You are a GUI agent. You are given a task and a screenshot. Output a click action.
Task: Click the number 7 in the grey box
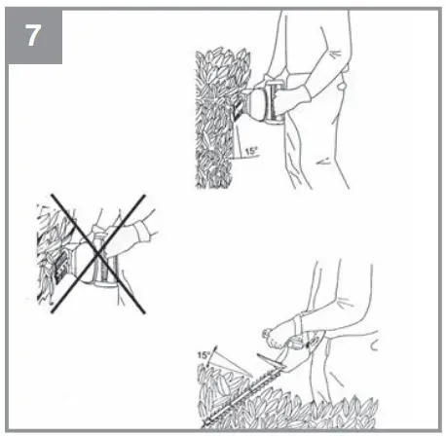[x=35, y=36]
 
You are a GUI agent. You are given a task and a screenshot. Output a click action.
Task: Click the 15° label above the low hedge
[x=204, y=356]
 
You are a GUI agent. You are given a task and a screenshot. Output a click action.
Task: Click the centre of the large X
[x=94, y=255]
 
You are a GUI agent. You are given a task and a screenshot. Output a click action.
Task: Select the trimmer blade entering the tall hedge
[x=240, y=107]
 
